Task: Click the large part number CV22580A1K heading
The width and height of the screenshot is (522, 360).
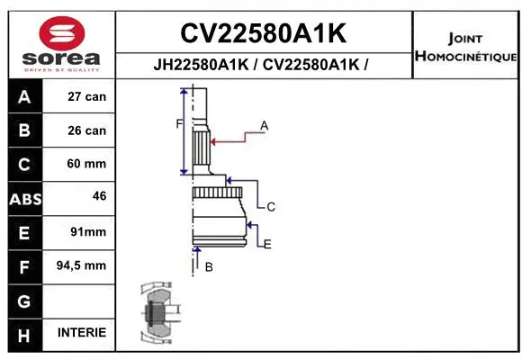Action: click(x=263, y=33)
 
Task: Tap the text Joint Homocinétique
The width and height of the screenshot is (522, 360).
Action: click(x=465, y=48)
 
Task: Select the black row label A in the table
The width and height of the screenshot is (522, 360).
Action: click(x=24, y=96)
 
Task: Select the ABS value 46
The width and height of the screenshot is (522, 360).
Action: click(x=99, y=195)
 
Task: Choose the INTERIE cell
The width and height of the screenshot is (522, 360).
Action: click(x=82, y=332)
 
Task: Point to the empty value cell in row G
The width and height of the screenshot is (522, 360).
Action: click(x=82, y=300)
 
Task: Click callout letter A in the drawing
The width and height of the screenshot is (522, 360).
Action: click(x=265, y=125)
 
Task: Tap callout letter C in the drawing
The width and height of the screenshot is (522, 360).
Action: click(x=270, y=207)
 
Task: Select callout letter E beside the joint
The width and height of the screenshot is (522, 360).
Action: click(x=267, y=243)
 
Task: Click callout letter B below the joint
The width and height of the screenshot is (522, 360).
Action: click(x=209, y=266)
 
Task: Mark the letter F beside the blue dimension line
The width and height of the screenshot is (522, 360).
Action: click(x=178, y=123)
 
